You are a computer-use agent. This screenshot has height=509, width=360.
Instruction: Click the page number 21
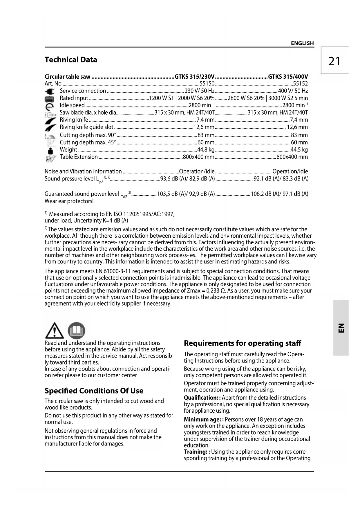click(334, 61)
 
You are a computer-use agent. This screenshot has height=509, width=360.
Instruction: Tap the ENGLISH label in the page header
click(302, 43)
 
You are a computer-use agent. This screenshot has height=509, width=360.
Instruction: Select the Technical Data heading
click(71, 60)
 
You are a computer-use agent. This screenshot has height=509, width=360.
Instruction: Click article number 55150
click(207, 84)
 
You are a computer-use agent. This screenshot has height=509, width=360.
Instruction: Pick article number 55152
click(301, 84)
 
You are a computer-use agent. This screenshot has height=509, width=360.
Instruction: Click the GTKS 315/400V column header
click(288, 77)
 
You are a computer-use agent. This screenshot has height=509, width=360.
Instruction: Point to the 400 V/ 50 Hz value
click(293, 91)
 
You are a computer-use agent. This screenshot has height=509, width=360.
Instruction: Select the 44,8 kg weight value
click(206, 150)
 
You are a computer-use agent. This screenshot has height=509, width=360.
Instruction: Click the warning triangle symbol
click(55, 331)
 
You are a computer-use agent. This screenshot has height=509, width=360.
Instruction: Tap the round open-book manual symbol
click(76, 331)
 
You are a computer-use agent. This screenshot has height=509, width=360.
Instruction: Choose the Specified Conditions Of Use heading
click(94, 391)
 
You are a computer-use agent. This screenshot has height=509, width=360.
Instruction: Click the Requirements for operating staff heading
click(243, 343)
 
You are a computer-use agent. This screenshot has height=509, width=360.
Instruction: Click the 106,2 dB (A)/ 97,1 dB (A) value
click(279, 194)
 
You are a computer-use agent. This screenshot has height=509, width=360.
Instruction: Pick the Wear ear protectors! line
click(69, 201)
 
